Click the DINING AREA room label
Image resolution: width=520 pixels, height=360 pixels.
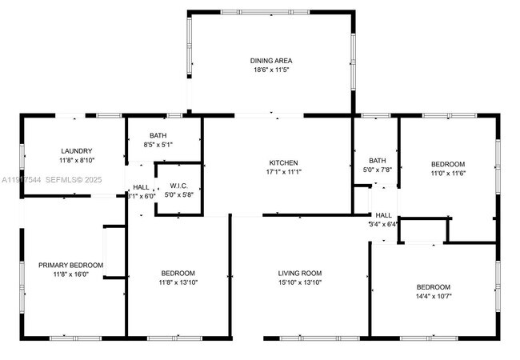click(271, 61)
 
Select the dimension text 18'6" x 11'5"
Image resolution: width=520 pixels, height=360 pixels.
click(271, 70)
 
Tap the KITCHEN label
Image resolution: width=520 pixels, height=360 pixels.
click(283, 162)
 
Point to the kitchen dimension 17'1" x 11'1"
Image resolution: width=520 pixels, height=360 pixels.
click(283, 172)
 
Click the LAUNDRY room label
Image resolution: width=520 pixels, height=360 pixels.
click(77, 151)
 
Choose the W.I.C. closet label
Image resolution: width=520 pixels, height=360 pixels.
click(178, 185)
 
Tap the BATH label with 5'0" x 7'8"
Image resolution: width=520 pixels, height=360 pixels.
click(377, 160)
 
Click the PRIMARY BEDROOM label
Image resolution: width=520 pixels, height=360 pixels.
click(71, 266)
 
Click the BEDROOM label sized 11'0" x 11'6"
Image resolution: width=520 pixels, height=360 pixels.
click(448, 164)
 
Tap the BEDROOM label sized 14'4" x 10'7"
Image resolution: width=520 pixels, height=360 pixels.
click(433, 287)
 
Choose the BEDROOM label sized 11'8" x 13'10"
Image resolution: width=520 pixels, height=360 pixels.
click(178, 274)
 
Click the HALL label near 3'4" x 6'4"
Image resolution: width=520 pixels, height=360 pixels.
click(384, 215)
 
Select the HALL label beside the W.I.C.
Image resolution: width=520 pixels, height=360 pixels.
click(141, 187)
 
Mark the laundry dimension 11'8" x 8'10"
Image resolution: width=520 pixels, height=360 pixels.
click(77, 161)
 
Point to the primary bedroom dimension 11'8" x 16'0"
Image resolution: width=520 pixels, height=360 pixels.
click(71, 275)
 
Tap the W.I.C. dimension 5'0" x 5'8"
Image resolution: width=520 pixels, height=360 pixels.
click(178, 194)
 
